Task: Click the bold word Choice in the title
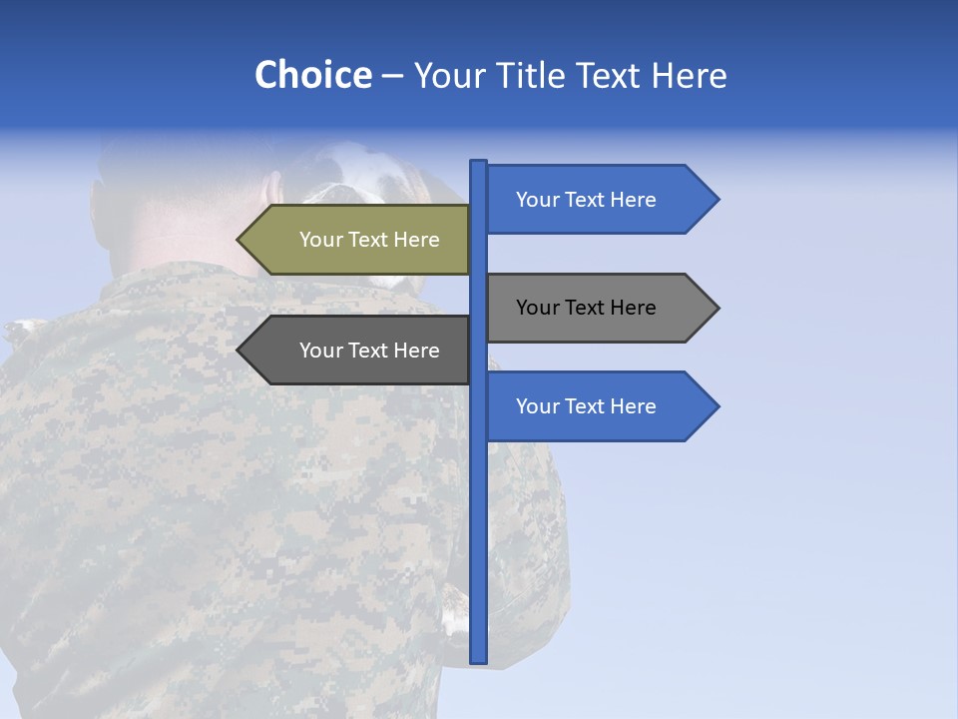312,75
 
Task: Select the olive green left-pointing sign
359,240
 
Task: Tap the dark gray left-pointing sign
359,351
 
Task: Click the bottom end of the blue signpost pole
478,659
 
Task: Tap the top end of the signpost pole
478,163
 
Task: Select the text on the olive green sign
369,240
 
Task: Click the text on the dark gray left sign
369,351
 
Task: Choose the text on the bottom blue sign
586,406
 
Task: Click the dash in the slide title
392,76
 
